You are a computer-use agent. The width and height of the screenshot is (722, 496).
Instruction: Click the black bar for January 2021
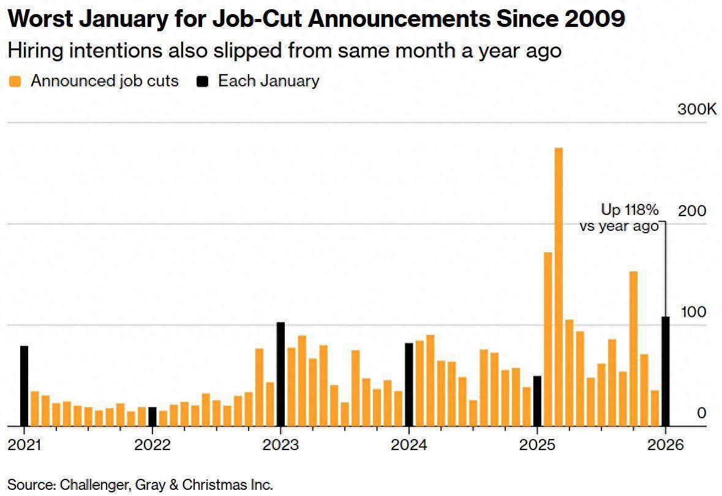(x=24, y=386)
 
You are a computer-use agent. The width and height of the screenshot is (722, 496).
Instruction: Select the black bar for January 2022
(x=152, y=416)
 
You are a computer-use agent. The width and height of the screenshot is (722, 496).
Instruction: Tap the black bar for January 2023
(x=280, y=374)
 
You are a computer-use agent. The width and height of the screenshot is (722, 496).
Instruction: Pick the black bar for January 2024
(x=409, y=385)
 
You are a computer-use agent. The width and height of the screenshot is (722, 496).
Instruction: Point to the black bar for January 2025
(x=537, y=401)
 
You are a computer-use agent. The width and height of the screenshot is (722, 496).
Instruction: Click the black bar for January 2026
(x=665, y=371)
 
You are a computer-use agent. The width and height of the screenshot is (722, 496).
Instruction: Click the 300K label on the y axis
(x=696, y=110)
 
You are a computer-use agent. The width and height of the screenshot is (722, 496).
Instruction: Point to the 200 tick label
(x=693, y=211)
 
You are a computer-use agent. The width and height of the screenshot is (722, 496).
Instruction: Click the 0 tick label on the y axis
(x=701, y=413)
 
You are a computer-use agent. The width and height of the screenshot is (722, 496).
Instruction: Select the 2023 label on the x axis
(x=280, y=445)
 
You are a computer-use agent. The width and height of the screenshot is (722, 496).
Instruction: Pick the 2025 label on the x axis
(x=537, y=445)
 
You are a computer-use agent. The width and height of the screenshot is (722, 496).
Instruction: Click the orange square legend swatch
(x=15, y=81)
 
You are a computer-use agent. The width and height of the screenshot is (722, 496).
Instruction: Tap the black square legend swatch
(x=203, y=81)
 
